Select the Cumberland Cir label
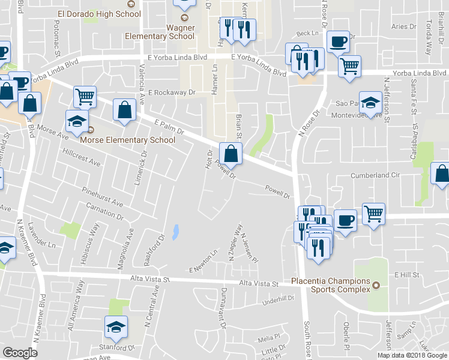click(x=375, y=176)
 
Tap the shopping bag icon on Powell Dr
click(x=231, y=153)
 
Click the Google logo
click(x=20, y=353)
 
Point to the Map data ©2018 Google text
click(x=412, y=355)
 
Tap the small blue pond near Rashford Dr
click(x=175, y=232)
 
